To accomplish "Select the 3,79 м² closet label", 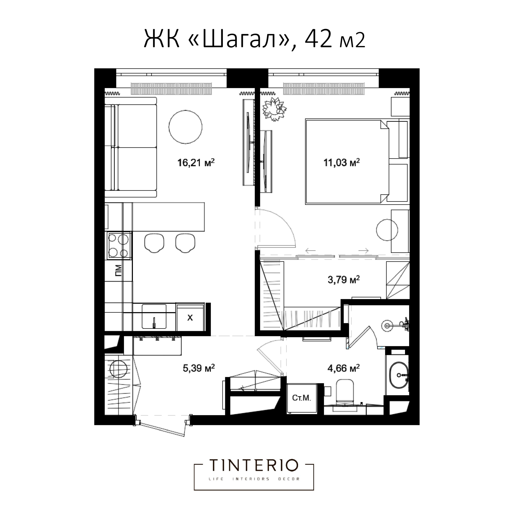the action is [343, 280].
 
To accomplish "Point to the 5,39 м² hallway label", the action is [199, 368].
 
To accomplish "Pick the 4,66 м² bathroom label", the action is [343, 368].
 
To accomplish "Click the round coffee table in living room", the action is [186, 127].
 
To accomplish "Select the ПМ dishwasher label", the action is [118, 271].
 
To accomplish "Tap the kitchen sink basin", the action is [154, 316].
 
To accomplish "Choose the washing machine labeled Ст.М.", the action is [301, 398].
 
